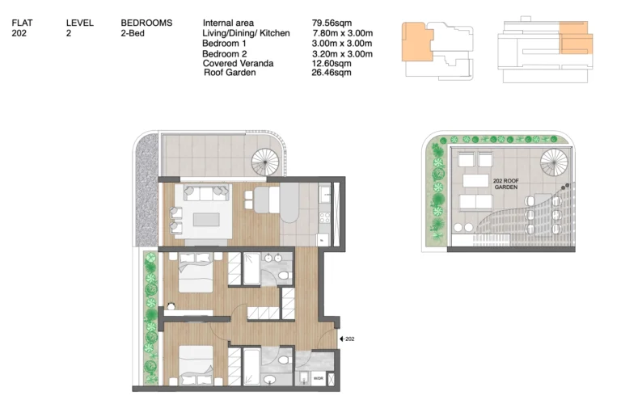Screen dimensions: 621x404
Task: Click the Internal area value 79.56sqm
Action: click(332, 23)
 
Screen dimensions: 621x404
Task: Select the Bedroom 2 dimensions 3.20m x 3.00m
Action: click(342, 54)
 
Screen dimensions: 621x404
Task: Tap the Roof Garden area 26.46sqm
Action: click(331, 73)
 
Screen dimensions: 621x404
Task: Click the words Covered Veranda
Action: click(238, 63)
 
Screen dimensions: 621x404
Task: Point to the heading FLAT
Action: click(22, 23)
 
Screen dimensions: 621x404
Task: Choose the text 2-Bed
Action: click(133, 33)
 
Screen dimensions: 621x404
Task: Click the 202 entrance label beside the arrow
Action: click(349, 339)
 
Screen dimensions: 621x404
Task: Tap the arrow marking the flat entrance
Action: click(342, 339)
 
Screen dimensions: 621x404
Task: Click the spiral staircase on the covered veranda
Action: click(265, 162)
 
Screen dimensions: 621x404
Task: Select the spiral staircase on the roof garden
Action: click(554, 162)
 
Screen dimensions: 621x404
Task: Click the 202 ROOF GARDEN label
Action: click(505, 184)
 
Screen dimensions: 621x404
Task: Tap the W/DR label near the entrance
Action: click(318, 379)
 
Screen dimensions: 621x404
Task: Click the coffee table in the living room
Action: click(206, 219)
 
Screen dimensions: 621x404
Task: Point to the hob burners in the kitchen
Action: click(325, 217)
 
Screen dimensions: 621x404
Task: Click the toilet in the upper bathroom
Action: click(284, 276)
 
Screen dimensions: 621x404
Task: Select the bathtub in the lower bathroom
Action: click(251, 367)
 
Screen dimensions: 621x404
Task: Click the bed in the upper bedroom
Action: click(196, 272)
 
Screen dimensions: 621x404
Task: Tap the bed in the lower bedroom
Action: click(196, 365)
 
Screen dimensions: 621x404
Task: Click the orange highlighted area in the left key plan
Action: click(416, 42)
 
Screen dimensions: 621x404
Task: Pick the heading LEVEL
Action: click(80, 23)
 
